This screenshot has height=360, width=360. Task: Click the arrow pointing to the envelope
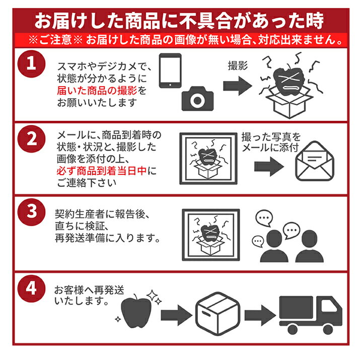(270, 166)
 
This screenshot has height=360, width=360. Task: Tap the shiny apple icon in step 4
(136, 307)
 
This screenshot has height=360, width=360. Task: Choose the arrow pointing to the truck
(260, 314)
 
